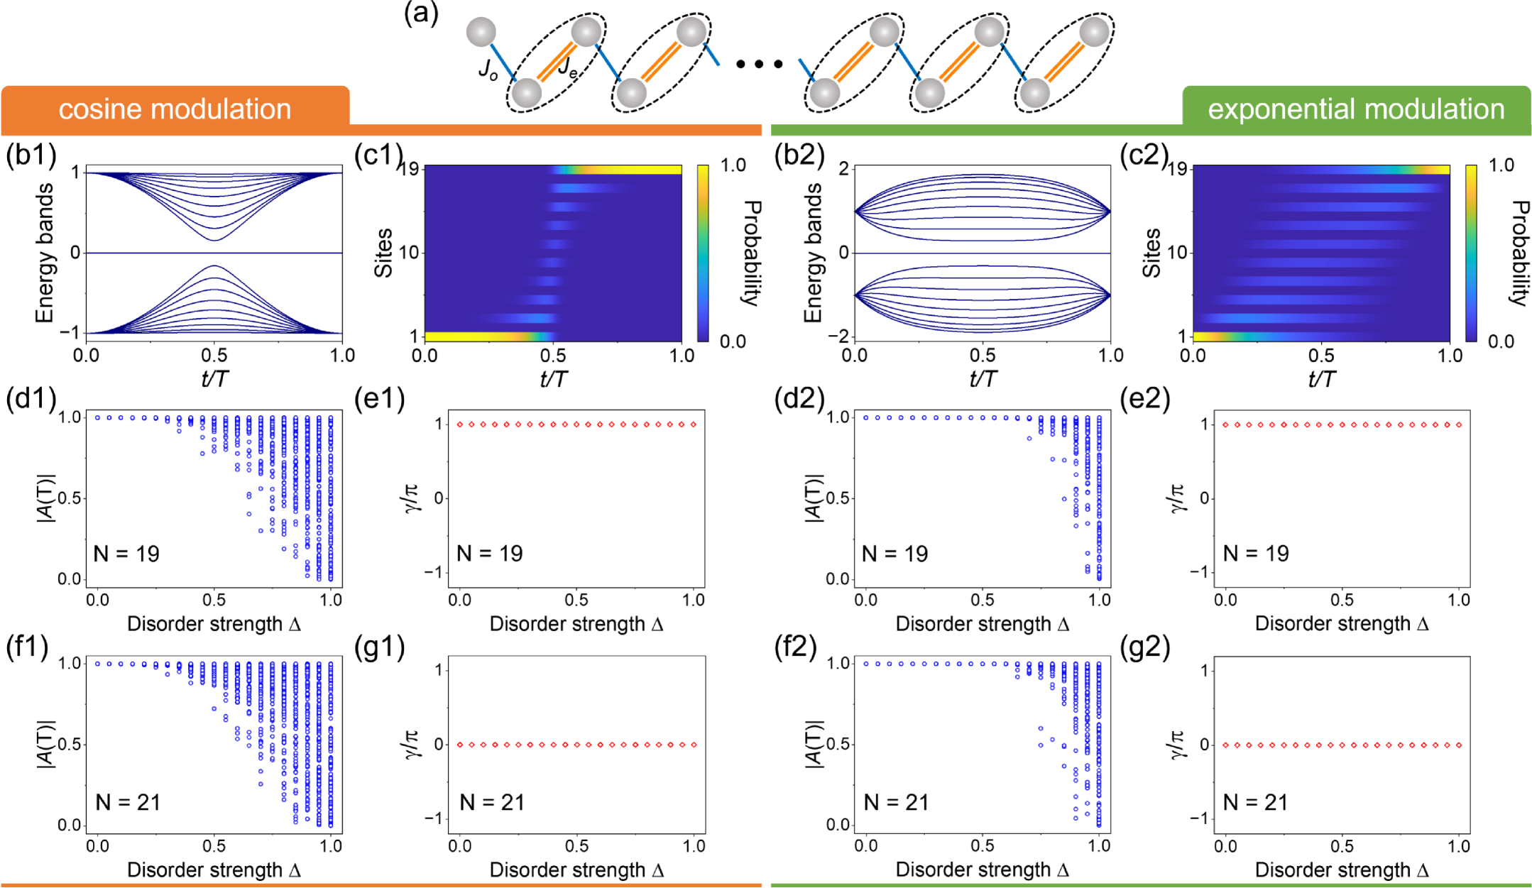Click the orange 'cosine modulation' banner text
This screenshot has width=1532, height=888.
[175, 109]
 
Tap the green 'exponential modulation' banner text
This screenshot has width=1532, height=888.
[1356, 109]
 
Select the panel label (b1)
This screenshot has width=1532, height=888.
[31, 155]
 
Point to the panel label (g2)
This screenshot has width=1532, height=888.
[1145, 647]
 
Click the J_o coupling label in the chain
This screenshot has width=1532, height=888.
[488, 70]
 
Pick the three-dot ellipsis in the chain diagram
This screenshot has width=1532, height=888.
[759, 65]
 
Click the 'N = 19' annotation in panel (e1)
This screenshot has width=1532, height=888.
[489, 554]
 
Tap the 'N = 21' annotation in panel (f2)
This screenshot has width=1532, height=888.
[896, 802]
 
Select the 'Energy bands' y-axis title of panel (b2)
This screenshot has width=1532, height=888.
[814, 253]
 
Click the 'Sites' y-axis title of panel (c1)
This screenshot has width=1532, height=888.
[383, 253]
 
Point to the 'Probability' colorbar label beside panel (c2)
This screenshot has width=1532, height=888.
[1518, 253]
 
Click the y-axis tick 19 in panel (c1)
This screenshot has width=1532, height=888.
[410, 169]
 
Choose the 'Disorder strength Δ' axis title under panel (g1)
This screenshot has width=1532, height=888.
[576, 870]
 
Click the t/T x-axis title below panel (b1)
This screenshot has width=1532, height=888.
[214, 378]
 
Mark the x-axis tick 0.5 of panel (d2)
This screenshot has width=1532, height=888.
[983, 600]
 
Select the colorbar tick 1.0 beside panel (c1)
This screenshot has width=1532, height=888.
[733, 165]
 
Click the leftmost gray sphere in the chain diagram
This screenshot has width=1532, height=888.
[481, 32]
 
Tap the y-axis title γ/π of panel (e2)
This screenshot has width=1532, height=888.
[1176, 498]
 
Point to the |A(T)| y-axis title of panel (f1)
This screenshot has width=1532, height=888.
[45, 744]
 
